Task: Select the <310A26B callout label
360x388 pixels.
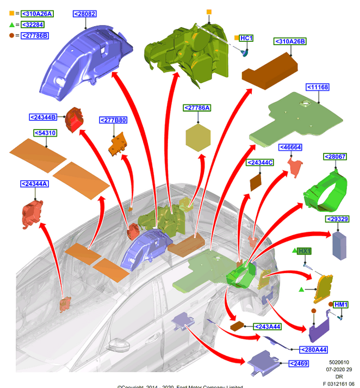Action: click(x=290, y=41)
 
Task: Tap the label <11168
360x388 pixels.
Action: click(x=318, y=87)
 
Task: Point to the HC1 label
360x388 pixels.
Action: click(x=246, y=38)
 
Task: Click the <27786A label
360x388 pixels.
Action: click(x=197, y=108)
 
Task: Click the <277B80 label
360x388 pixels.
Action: click(x=113, y=120)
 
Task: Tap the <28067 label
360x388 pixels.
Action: click(x=335, y=157)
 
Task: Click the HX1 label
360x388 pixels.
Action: click(x=305, y=251)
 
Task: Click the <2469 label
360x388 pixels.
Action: click(x=299, y=364)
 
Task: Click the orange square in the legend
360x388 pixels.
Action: click(x=12, y=13)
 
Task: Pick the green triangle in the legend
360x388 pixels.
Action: click(x=12, y=24)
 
